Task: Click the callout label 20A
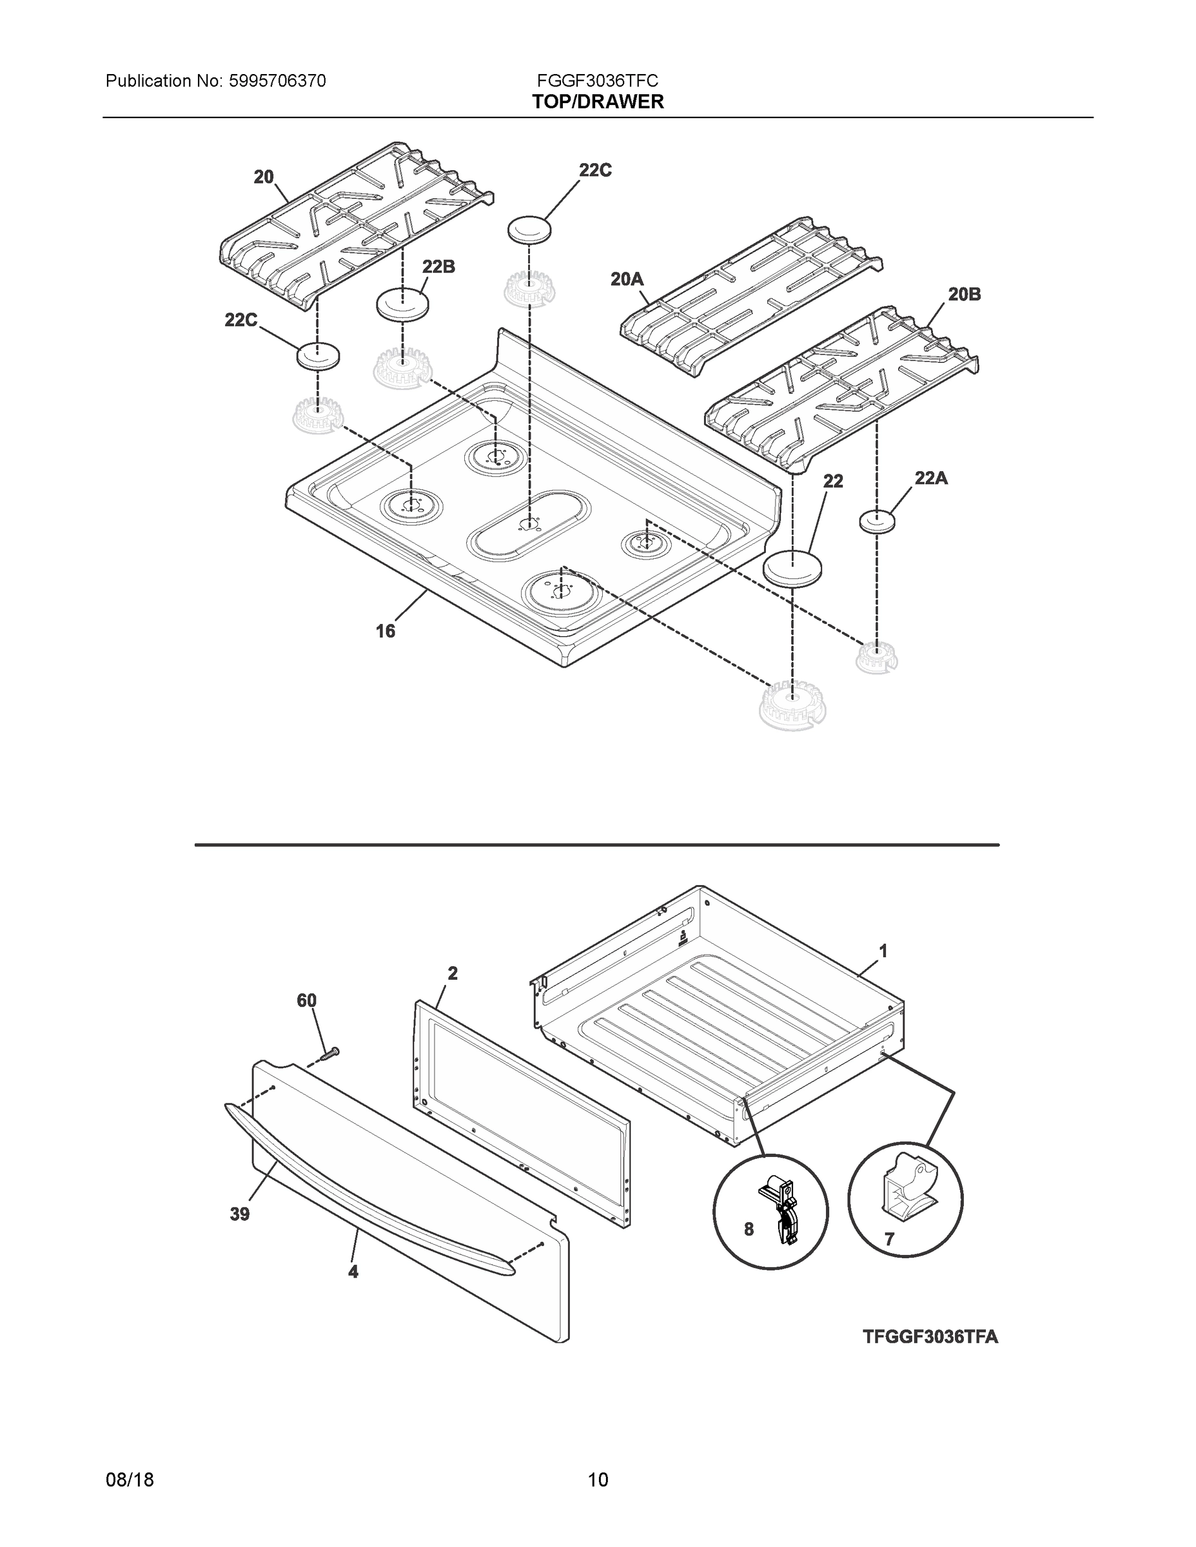[x=627, y=280]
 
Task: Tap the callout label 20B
[x=965, y=294]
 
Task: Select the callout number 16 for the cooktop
[x=385, y=630]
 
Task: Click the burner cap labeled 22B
[x=402, y=306]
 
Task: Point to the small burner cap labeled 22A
[x=877, y=522]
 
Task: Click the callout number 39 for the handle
[x=239, y=1214]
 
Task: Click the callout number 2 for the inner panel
[x=452, y=973]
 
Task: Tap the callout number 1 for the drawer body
[x=883, y=951]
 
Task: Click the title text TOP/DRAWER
[x=598, y=102]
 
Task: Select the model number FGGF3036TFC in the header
[x=597, y=81]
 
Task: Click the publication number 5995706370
[x=277, y=81]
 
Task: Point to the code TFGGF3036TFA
[x=930, y=1337]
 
